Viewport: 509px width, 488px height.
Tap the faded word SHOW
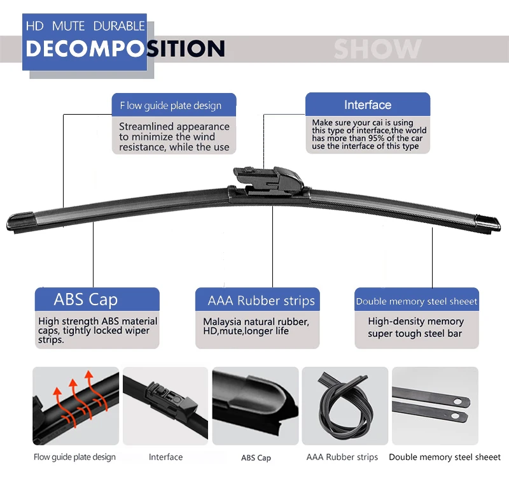(377, 49)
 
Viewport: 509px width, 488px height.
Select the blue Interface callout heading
(368, 105)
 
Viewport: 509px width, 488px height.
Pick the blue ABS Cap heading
(86, 299)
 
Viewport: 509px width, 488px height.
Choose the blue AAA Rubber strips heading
(261, 300)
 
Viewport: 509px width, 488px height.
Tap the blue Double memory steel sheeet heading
(416, 301)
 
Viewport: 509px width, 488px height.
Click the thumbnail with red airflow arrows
(76, 406)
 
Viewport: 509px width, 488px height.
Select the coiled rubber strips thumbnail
(344, 406)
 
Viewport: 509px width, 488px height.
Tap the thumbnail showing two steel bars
(435, 406)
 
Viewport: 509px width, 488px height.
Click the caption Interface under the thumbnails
(165, 457)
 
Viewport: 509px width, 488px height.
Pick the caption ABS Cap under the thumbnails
(256, 457)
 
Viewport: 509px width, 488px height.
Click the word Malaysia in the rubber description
(221, 322)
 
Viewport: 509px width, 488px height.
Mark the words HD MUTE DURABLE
(85, 27)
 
